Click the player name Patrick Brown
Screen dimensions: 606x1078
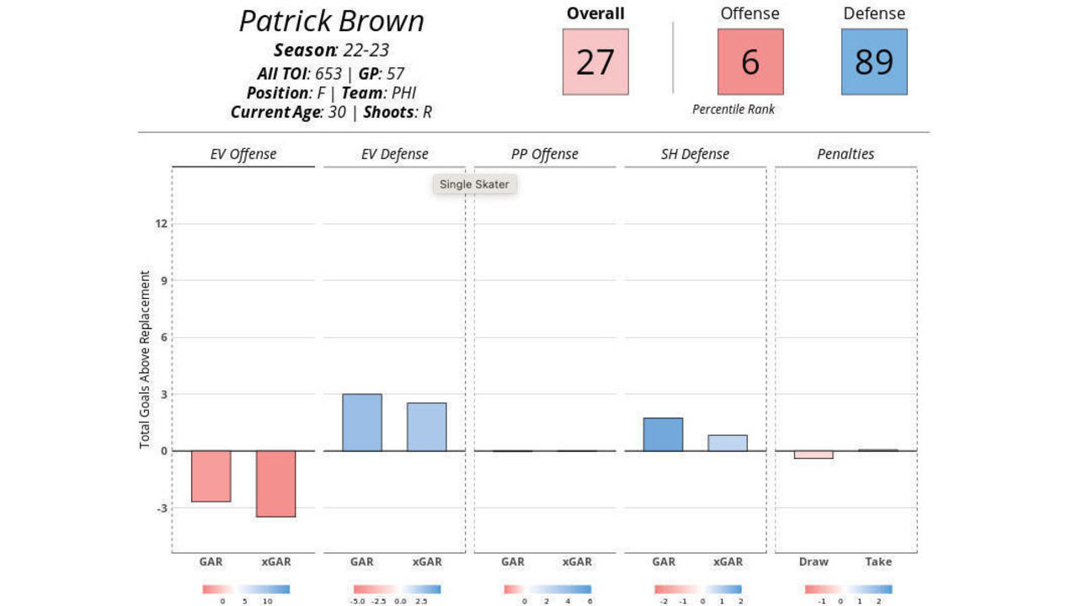click(x=331, y=21)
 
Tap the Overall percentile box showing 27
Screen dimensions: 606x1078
click(x=595, y=62)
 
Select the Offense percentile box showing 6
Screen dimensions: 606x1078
click(x=750, y=62)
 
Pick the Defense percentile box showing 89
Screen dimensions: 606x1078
click(x=874, y=62)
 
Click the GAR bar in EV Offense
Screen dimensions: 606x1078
click(x=211, y=476)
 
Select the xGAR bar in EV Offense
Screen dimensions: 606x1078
click(x=276, y=484)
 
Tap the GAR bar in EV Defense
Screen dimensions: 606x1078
click(x=362, y=423)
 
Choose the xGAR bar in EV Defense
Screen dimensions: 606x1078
click(x=427, y=427)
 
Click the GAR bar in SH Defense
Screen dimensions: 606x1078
click(x=663, y=434)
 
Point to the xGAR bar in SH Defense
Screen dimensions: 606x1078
click(x=728, y=443)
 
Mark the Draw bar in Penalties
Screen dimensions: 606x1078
click(x=814, y=454)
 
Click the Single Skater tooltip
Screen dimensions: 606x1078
click(x=474, y=184)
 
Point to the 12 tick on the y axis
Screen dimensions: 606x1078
click(x=161, y=224)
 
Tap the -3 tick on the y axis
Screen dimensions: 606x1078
click(x=160, y=508)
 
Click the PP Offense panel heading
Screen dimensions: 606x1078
click(x=544, y=154)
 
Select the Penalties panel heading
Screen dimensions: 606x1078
click(x=846, y=154)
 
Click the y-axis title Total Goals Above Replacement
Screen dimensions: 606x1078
click(x=145, y=359)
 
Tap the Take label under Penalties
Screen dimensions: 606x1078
click(x=878, y=562)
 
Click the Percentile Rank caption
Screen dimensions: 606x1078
click(x=734, y=109)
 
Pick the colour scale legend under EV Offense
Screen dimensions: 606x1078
click(x=245, y=589)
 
